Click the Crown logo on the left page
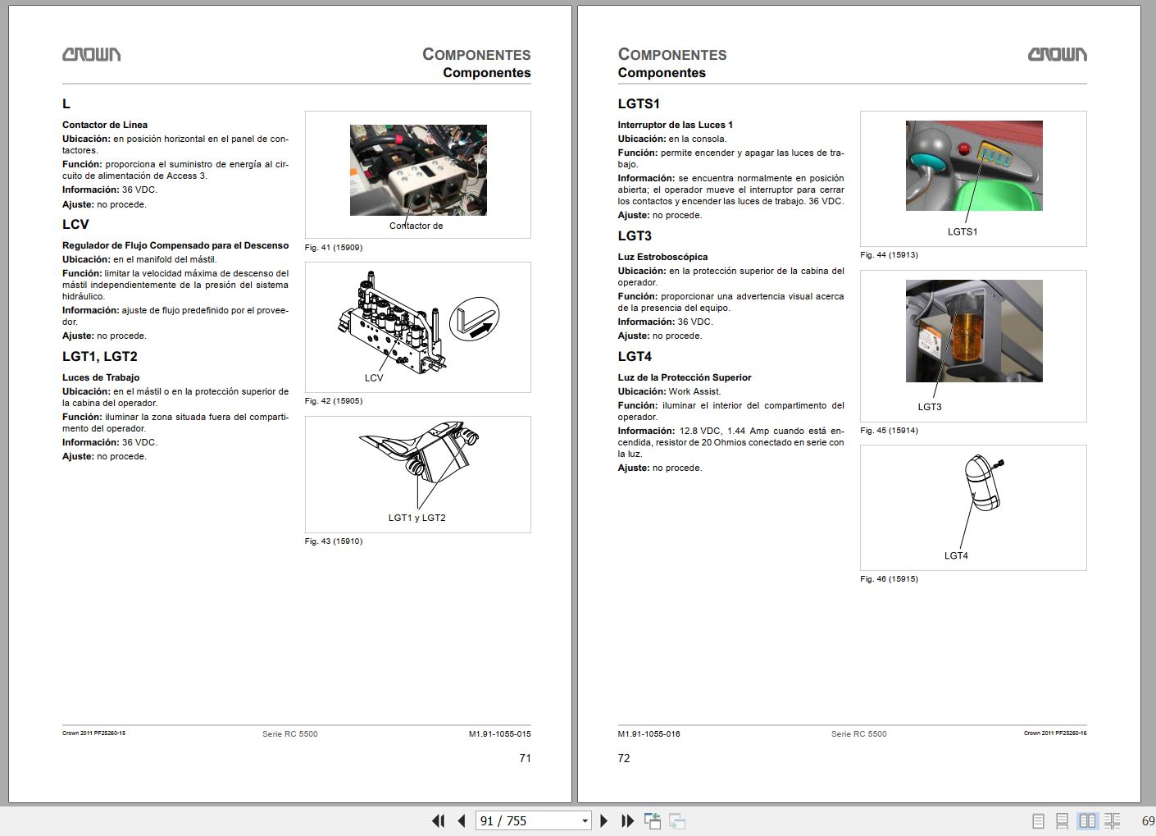pos(91,54)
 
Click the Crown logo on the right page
pos(1057,54)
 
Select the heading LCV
pos(75,225)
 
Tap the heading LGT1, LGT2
pos(100,357)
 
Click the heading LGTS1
pos(639,104)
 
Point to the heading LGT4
pos(635,357)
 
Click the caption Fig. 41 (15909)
pos(333,248)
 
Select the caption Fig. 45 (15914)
pos(889,431)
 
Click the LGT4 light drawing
pos(981,483)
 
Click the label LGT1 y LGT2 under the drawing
pos(416,519)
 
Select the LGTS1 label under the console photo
pos(962,232)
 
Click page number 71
pos(525,759)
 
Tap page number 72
pos(624,759)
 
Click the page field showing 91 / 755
pos(526,821)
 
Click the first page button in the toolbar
pos(438,821)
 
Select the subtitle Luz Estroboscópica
pos(662,258)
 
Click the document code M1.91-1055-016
pos(649,734)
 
